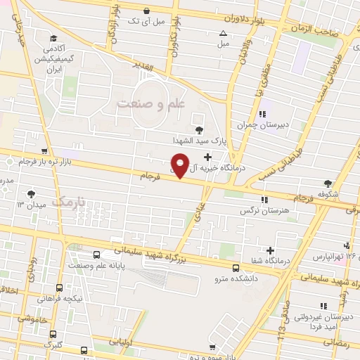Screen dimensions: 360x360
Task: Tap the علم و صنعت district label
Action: tap(149, 104)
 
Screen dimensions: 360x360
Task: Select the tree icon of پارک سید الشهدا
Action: tap(199, 129)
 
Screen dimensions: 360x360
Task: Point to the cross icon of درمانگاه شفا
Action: tap(270, 250)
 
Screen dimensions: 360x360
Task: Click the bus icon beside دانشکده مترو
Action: tap(235, 266)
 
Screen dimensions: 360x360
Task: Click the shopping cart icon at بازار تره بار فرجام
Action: tap(44, 151)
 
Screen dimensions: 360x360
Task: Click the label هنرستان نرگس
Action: tap(256, 210)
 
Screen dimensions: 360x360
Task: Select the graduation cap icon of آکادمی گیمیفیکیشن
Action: tap(54, 39)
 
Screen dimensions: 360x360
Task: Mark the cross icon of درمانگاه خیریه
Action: tap(206, 155)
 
